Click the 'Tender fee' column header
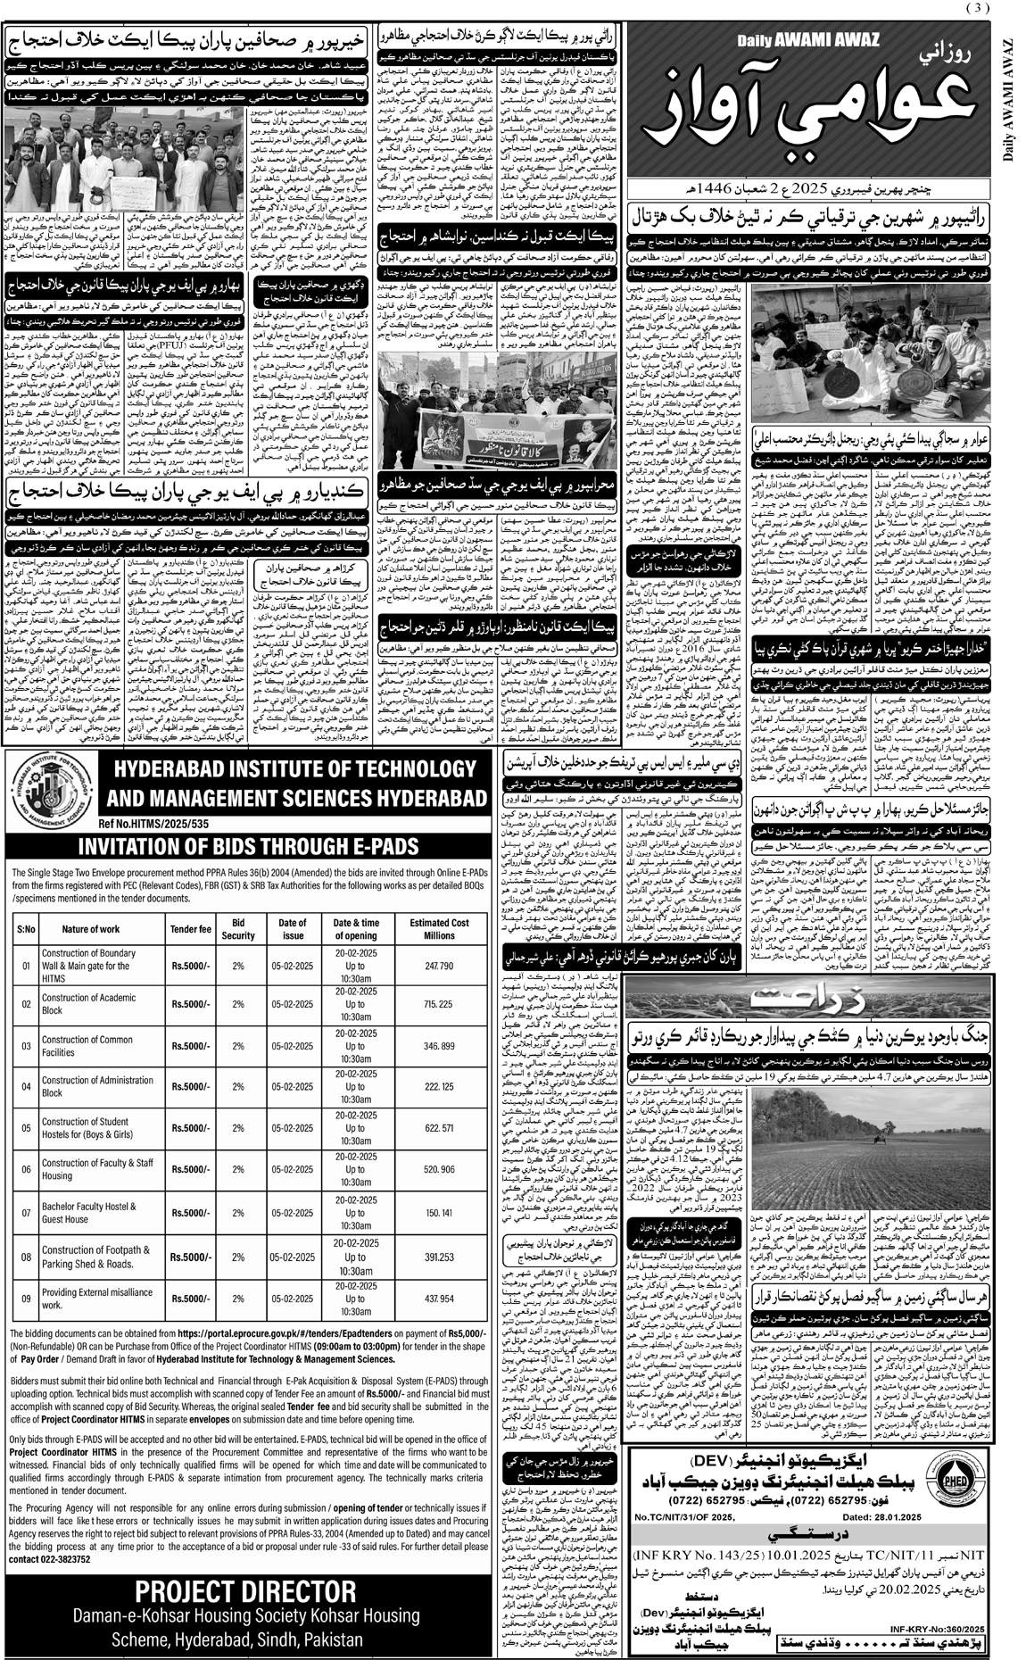coord(190,929)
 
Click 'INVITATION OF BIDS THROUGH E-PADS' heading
coord(246,845)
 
